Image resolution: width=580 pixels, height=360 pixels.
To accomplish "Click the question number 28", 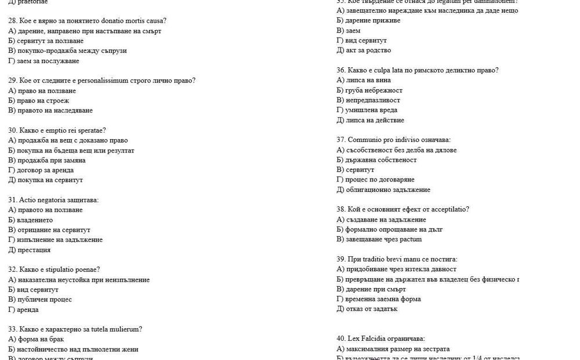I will tap(12, 21).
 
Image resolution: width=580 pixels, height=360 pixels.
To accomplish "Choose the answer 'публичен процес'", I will tap(44, 300).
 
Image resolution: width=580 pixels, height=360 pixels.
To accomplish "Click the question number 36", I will tap(341, 71).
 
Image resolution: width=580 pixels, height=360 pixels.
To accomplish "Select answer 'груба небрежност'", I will tap(374, 90).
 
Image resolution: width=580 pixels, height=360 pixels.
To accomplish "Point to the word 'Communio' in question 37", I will tap(362, 140).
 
